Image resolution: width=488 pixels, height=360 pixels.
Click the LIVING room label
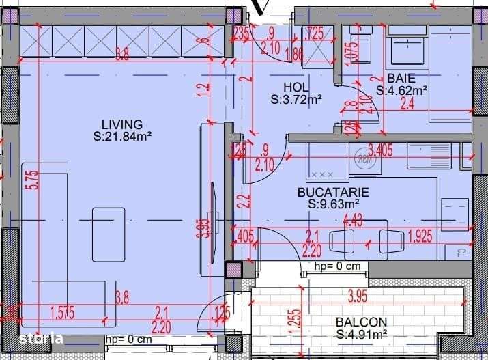tap(122, 124)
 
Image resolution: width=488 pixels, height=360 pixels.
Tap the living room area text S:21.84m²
tap(122, 136)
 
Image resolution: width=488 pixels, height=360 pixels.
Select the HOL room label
tap(296, 87)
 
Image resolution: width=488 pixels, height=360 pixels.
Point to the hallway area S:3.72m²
tap(296, 99)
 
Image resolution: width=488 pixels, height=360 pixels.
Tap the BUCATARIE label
tap(333, 193)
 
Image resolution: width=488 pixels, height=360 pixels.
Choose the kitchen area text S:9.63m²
tap(333, 204)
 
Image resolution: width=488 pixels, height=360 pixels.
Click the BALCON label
tap(362, 322)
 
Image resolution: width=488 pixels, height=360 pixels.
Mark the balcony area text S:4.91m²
tap(362, 334)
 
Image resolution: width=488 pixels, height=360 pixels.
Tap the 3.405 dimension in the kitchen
tap(380, 150)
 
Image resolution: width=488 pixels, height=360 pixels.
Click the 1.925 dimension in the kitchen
tap(421, 236)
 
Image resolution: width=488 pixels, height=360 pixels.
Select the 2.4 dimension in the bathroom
tap(407, 104)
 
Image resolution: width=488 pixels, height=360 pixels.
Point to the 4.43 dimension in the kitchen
tap(353, 221)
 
